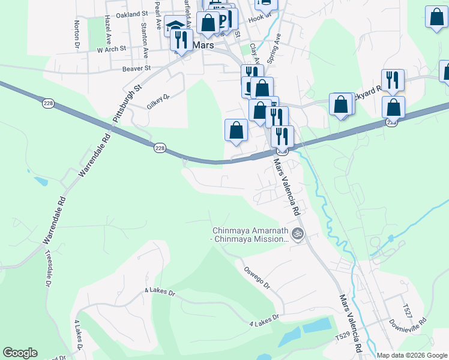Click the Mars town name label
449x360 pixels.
coord(202,44)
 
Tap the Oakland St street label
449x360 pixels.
coord(132,14)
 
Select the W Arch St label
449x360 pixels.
coord(112,49)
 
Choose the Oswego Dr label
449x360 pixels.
coord(257,277)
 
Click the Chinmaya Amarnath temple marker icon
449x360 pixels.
coord(298,233)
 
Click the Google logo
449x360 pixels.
coord(20,353)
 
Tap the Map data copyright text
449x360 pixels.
coord(411,355)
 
